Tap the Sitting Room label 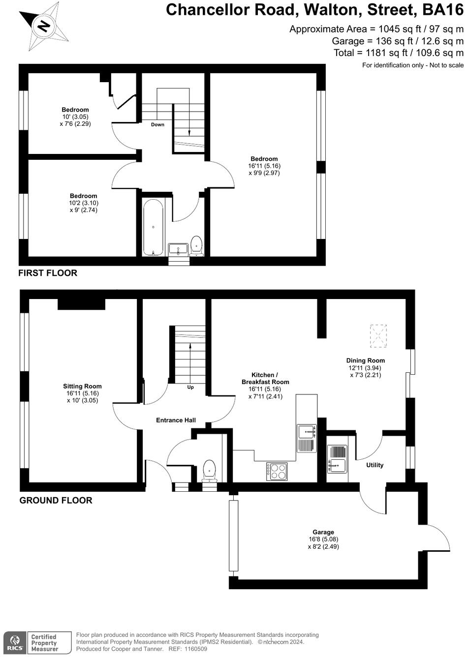click(x=82, y=387)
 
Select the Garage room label click(x=323, y=532)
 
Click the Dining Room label click(x=365, y=360)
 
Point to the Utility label click(x=374, y=465)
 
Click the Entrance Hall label click(x=176, y=420)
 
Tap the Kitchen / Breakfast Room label click(x=265, y=378)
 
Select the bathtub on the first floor click(x=154, y=227)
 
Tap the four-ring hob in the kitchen click(x=277, y=472)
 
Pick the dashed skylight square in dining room click(x=378, y=336)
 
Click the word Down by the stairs click(x=157, y=124)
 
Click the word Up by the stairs click(x=190, y=387)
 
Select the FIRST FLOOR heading click(x=48, y=273)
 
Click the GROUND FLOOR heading click(x=56, y=501)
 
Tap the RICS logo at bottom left click(x=14, y=643)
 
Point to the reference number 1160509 click(x=195, y=649)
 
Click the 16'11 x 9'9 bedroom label click(x=264, y=166)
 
